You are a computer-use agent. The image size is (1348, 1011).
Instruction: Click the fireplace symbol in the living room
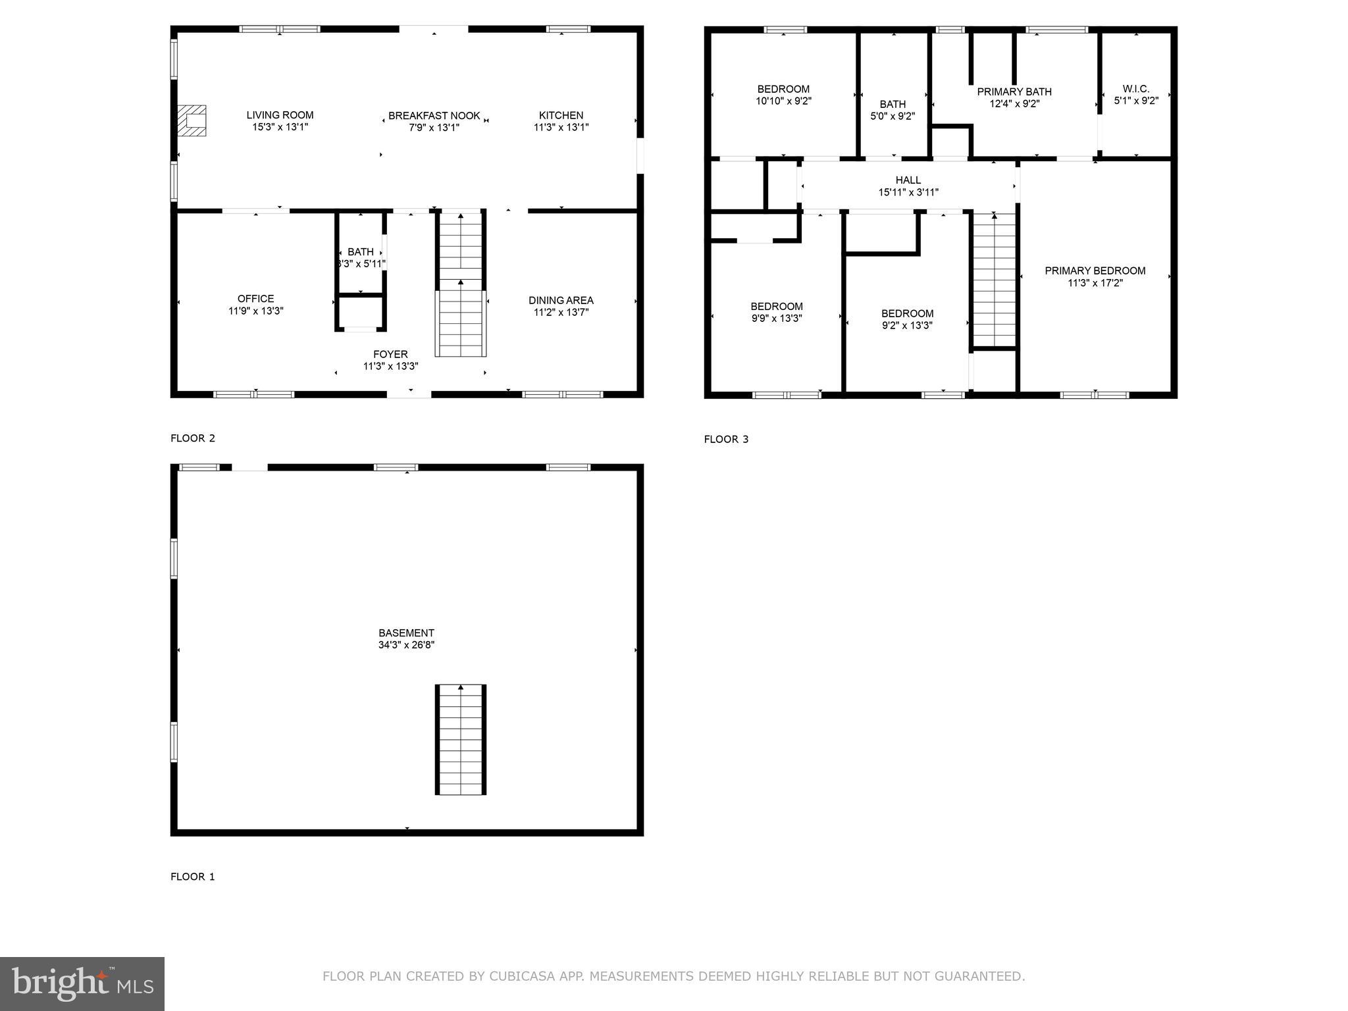(192, 120)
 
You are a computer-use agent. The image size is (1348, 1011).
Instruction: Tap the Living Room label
(280, 115)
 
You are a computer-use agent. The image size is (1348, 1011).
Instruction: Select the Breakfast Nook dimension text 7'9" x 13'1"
(434, 128)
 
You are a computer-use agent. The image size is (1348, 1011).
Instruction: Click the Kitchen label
(561, 115)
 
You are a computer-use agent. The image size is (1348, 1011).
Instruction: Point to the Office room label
(255, 299)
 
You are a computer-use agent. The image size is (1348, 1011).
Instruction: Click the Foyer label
(390, 354)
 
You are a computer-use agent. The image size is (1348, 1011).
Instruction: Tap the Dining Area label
(561, 300)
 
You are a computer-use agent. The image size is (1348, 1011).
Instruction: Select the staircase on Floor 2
(461, 283)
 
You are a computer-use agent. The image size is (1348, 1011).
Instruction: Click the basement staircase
(461, 740)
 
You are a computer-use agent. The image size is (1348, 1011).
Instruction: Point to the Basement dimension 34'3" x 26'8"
(406, 645)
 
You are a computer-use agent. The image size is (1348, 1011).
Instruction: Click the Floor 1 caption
(192, 876)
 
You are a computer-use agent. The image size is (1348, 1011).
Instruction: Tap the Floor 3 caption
(726, 439)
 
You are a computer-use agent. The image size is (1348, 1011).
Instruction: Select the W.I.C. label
(1135, 89)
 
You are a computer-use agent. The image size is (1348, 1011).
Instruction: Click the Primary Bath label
(1014, 91)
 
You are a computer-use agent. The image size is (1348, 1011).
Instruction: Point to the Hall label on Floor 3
(908, 180)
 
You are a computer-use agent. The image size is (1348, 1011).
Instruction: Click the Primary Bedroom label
(1095, 271)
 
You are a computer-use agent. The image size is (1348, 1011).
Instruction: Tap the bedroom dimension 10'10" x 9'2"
(783, 101)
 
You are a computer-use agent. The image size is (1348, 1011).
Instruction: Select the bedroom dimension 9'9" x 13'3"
(777, 319)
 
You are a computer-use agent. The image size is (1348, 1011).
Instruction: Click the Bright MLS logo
(82, 983)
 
